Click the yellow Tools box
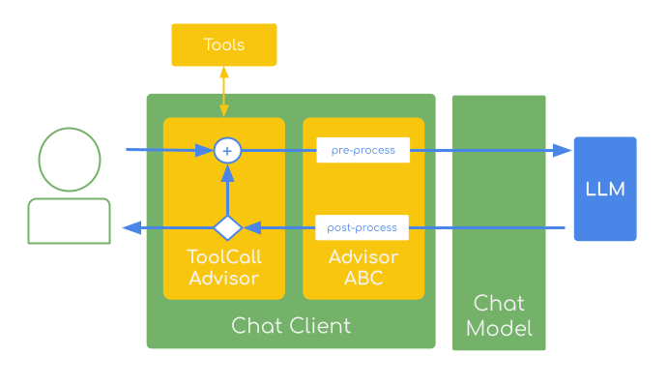click(224, 45)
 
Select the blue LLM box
click(605, 189)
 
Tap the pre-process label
click(362, 150)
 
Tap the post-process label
click(362, 228)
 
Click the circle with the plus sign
click(227, 150)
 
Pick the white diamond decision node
click(227, 228)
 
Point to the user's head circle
click(70, 160)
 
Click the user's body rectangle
click(69, 221)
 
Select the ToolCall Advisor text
click(224, 268)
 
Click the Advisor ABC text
click(363, 268)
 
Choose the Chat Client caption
click(291, 325)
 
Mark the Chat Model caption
click(499, 315)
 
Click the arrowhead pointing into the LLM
click(562, 150)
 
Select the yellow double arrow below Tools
click(224, 93)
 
